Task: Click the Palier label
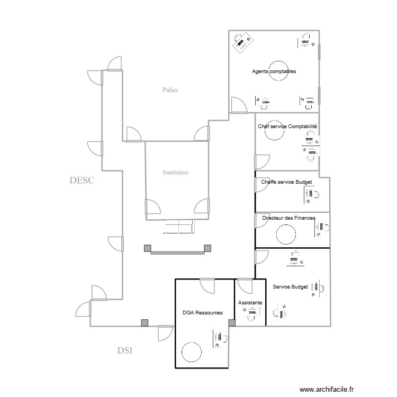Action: [170, 90]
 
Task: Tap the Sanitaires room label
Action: [176, 172]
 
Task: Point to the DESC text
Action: [82, 181]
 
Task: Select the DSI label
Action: [125, 350]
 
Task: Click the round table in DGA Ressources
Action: [191, 351]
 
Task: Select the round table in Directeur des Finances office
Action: [286, 233]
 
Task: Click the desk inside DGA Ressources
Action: [219, 339]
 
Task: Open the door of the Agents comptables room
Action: [238, 105]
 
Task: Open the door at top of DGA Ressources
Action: [207, 285]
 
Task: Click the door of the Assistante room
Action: [246, 286]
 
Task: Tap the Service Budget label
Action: [290, 287]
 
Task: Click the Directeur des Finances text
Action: [288, 218]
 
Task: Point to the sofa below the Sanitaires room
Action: [179, 228]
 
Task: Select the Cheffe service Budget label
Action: [286, 182]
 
